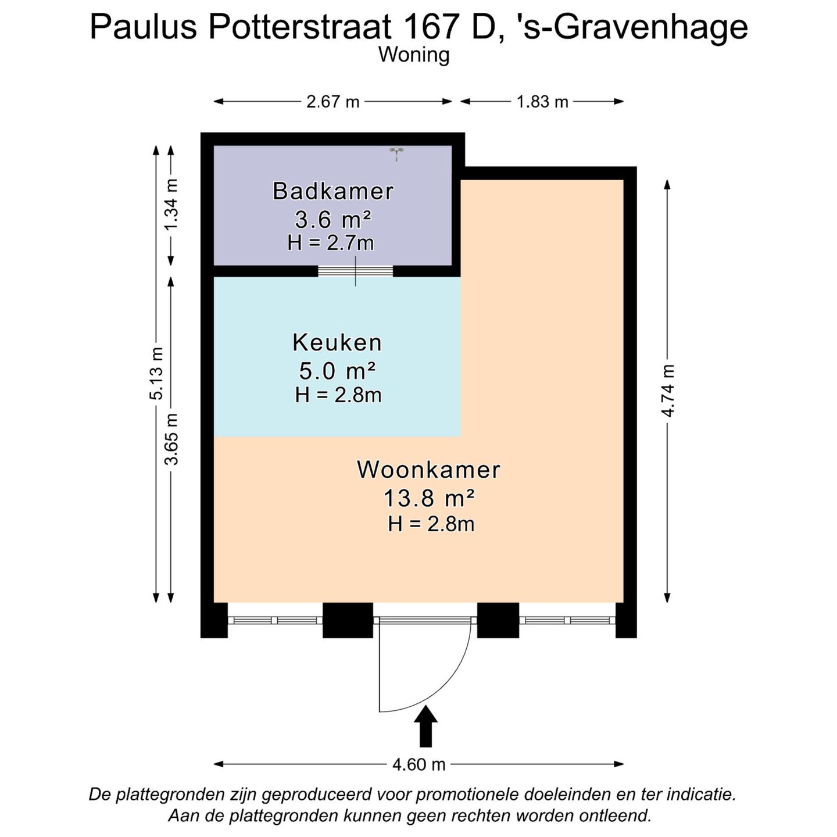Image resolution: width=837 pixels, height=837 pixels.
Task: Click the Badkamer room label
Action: [333, 191]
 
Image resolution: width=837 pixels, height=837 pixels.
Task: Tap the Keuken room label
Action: [337, 342]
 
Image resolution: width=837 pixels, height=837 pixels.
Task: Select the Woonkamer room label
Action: [428, 470]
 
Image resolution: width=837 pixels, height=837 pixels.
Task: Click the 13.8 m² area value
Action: [429, 498]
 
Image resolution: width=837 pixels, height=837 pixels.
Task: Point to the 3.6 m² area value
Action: [333, 220]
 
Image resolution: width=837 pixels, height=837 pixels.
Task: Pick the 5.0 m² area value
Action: [337, 370]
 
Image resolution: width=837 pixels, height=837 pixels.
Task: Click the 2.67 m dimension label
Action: [333, 102]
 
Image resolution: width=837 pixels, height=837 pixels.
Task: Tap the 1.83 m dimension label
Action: [542, 102]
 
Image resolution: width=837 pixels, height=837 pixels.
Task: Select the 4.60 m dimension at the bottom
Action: [419, 764]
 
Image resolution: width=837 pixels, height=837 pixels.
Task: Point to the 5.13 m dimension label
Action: [156, 373]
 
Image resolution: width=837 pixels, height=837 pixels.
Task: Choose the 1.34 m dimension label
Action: [171, 204]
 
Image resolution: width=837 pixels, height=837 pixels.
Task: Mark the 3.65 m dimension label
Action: [171, 439]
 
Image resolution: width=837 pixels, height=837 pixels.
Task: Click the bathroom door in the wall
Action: [356, 271]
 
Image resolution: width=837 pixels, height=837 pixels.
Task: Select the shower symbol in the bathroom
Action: [396, 153]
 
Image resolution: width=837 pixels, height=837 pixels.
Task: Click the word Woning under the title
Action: [414, 55]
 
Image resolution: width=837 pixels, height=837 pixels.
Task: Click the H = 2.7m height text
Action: [330, 243]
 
